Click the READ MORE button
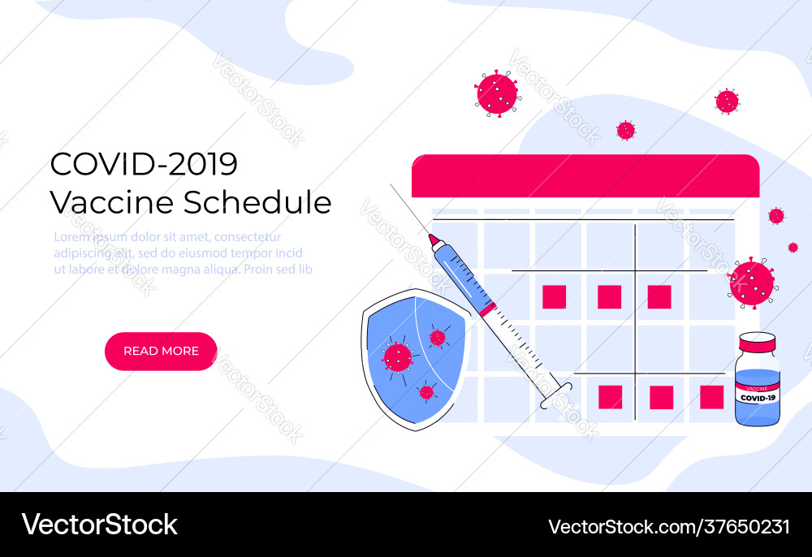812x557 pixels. coord(161,351)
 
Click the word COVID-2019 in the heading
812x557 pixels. coord(144,164)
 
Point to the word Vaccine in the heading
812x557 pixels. coord(112,202)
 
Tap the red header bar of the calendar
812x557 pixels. coord(585,176)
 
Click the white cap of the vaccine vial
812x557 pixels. coord(757,341)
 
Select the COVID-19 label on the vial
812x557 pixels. coord(757,398)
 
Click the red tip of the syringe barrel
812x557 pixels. coord(434,240)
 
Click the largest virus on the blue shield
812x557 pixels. coord(397,356)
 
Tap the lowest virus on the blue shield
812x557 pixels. coord(426,392)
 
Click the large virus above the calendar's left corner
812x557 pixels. coord(497,93)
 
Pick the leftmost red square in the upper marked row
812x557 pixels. coord(554,296)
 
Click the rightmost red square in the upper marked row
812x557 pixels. coord(659,296)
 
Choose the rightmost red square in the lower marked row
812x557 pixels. coord(711,397)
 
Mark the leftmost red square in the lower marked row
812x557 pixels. coord(610,397)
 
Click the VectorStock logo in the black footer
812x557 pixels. coord(100,525)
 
